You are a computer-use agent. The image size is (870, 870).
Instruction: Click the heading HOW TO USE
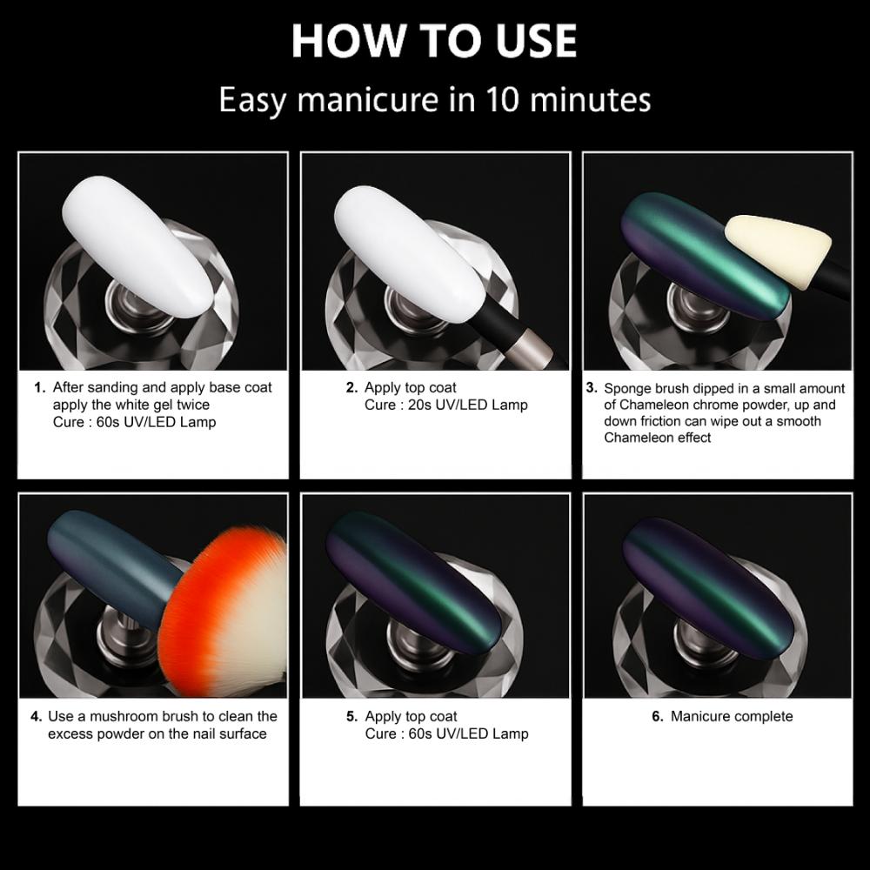point(434,40)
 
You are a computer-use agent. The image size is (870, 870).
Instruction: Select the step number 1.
point(39,388)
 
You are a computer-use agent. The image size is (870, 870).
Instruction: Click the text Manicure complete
point(732,717)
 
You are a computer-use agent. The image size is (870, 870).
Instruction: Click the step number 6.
point(657,717)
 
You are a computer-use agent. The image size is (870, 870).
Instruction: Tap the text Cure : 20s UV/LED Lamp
point(446,405)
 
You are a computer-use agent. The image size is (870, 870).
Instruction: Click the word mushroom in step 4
point(115,717)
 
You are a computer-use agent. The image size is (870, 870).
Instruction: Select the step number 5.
point(351,717)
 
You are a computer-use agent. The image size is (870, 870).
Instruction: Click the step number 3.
point(592,388)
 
